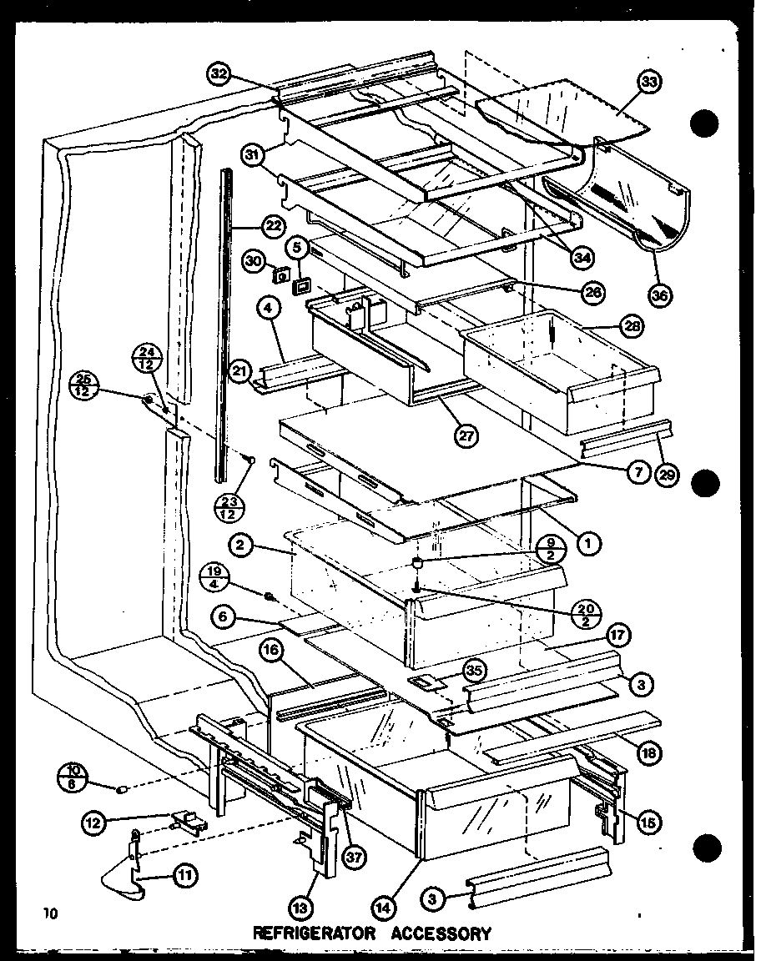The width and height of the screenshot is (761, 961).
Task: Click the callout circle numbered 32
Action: click(x=219, y=73)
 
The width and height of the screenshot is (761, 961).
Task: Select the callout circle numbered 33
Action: click(x=651, y=82)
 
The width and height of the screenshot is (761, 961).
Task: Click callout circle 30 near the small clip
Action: click(x=255, y=261)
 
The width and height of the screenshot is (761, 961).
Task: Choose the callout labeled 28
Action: click(x=632, y=327)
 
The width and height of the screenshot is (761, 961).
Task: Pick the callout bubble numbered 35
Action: click(x=475, y=669)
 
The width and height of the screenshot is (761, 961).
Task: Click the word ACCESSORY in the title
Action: click(x=441, y=933)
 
